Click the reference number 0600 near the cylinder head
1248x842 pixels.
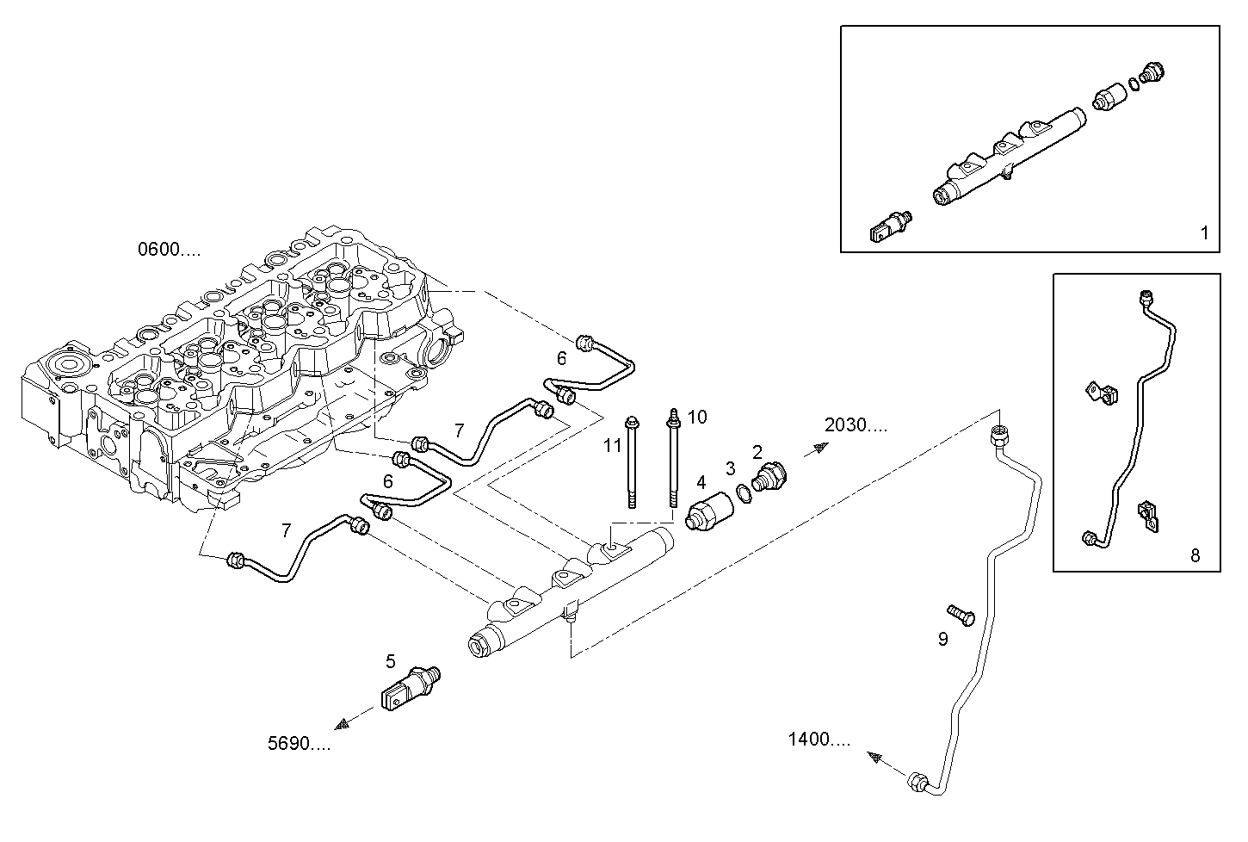(169, 250)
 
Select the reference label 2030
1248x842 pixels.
(855, 424)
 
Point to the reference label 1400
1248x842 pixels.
(819, 739)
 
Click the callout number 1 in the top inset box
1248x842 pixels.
(1204, 232)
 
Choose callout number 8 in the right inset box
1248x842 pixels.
(1195, 556)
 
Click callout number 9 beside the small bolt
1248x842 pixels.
(942, 640)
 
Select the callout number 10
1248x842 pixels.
(697, 418)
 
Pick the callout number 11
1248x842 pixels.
(612, 445)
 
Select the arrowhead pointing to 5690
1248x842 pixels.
(345, 723)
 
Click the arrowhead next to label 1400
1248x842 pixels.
(876, 758)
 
